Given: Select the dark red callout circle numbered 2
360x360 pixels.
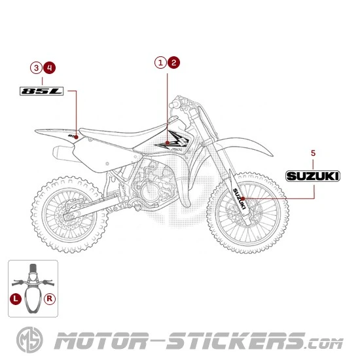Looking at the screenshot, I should tap(173, 63).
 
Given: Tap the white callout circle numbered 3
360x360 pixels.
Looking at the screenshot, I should tap(36, 67).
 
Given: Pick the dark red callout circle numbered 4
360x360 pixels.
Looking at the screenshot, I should tap(50, 67).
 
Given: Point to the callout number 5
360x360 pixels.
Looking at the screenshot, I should tap(313, 153).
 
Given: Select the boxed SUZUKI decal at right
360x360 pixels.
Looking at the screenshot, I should tap(313, 175).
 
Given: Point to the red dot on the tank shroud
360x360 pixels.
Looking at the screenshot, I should tap(167, 142).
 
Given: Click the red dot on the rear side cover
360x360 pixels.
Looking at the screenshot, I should tap(77, 136).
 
